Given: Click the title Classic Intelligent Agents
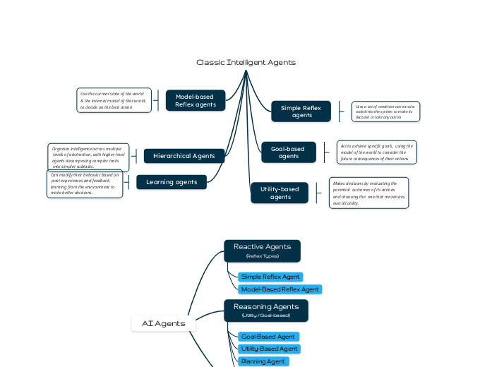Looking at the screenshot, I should tap(246, 62).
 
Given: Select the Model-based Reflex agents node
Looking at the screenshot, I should tap(196, 100).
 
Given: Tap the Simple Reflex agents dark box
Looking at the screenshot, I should tap(301, 112).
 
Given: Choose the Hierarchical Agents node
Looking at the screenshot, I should tap(184, 156).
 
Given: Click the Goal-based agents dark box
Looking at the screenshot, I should tap(288, 152).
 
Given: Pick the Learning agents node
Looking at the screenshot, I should tap(172, 182).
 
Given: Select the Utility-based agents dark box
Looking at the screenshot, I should tap(280, 193).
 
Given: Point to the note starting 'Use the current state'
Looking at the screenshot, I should tap(114, 100).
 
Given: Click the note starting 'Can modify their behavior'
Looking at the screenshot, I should tap(85, 183).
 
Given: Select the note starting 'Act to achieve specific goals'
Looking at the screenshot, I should tap(376, 152).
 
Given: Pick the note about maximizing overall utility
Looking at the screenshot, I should tap(368, 193).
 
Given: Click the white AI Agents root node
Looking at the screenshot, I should tap(163, 323).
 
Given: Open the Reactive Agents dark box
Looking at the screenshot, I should tap(262, 251).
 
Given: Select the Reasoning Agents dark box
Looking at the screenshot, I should tap(261, 311).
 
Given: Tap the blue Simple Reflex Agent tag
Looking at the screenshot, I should tap(270, 277).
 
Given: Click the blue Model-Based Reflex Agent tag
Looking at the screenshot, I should tap(280, 289).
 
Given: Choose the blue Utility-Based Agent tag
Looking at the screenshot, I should tap(269, 349).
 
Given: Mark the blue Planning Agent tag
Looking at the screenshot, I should tap(263, 361).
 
